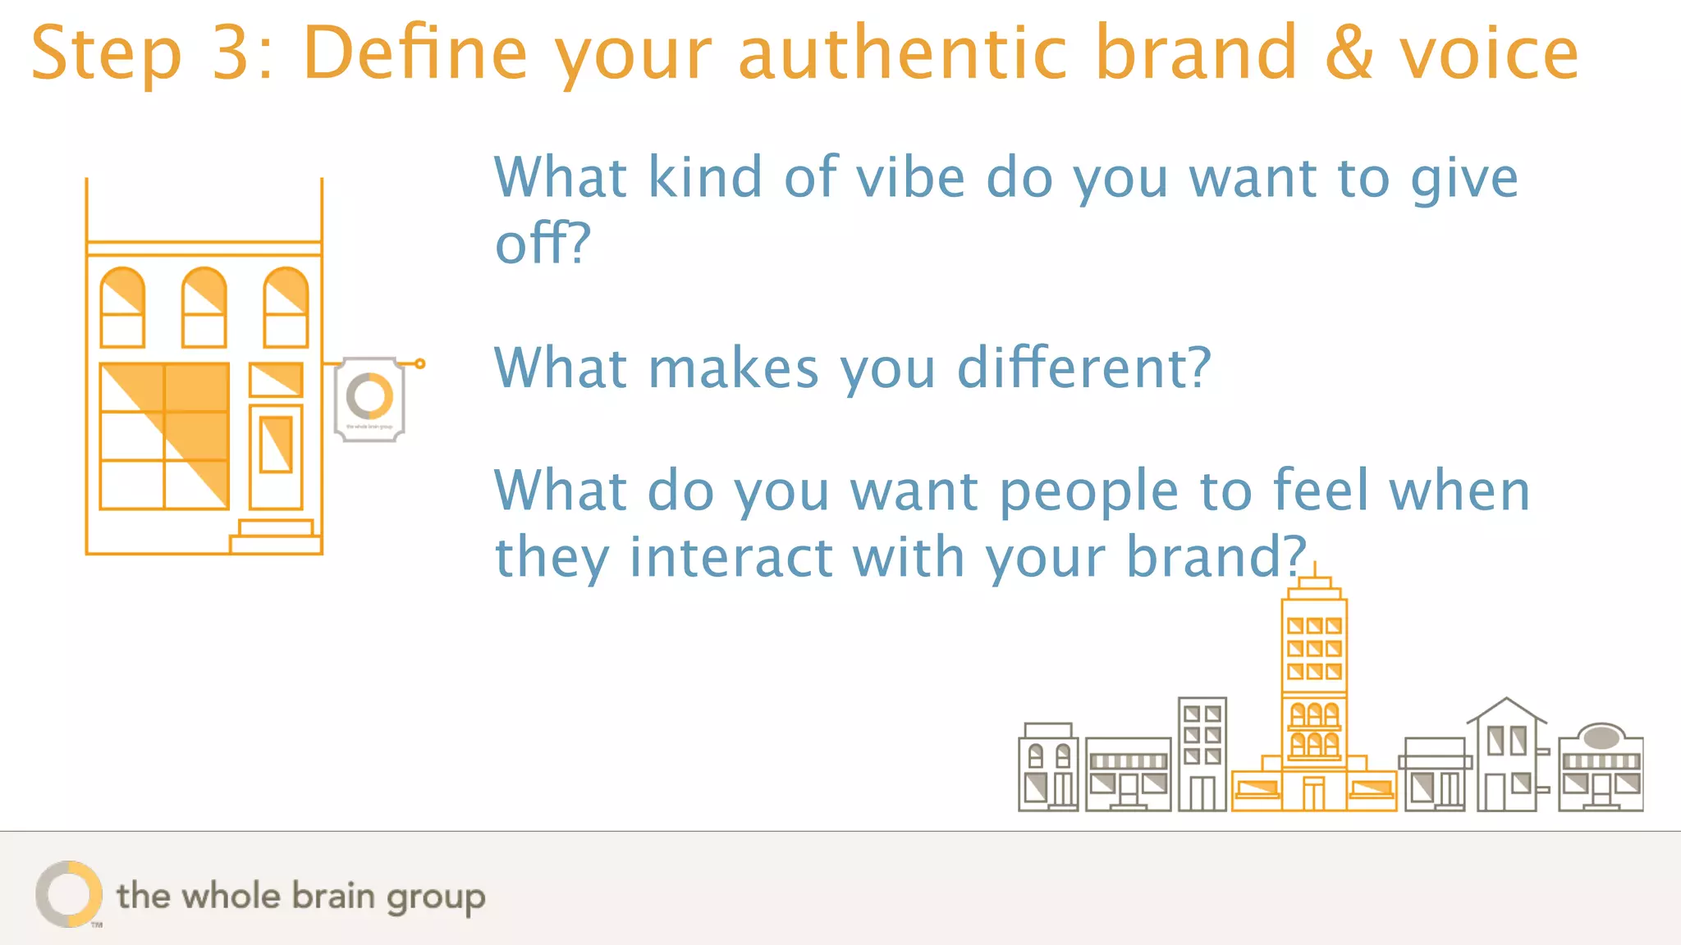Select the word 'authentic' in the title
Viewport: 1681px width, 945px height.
tap(902, 53)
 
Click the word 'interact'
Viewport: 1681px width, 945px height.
tap(731, 557)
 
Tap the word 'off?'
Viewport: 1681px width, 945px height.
tap(542, 244)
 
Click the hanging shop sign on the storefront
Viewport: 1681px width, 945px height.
tap(369, 399)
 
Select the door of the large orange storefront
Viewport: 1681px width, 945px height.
tap(276, 455)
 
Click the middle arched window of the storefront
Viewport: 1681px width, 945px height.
tap(204, 308)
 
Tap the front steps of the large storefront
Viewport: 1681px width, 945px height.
tap(276, 536)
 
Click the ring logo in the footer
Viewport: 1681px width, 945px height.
tap(69, 894)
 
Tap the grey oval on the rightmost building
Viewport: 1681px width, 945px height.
tap(1601, 737)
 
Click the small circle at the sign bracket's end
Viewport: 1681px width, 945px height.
tap(419, 363)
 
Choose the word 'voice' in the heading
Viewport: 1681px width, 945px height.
tap(1489, 53)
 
